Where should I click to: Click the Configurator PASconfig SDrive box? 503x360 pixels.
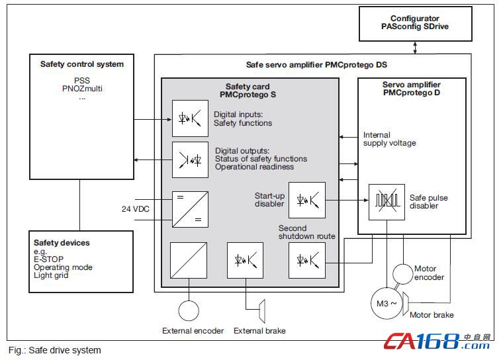[x=416, y=24]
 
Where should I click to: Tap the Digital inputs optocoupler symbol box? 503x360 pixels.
[x=190, y=118]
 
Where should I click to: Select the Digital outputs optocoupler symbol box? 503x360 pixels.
[x=190, y=159]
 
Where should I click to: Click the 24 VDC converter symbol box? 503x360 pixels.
[x=190, y=210]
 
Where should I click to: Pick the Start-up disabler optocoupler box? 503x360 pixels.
[x=307, y=201]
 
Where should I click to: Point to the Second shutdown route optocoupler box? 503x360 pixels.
[x=307, y=260]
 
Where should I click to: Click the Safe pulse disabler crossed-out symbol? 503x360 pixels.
[x=387, y=202]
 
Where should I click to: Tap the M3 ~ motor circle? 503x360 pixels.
[x=387, y=304]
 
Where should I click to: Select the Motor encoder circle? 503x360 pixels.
[x=402, y=274]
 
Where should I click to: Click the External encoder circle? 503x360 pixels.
[x=189, y=310]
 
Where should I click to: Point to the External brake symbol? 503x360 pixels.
[x=262, y=311]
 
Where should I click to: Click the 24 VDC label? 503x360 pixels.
[x=136, y=209]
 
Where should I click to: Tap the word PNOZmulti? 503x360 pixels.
[x=82, y=89]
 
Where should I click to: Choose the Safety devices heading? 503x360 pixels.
[x=62, y=243]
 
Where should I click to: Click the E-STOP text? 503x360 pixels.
[x=48, y=259]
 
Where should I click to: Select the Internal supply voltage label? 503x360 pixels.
[x=389, y=139]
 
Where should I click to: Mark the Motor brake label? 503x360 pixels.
[x=432, y=315]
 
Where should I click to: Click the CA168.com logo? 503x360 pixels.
[x=437, y=341]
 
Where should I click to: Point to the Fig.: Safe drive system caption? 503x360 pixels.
[x=54, y=350]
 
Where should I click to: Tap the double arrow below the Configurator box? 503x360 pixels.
[x=415, y=48]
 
